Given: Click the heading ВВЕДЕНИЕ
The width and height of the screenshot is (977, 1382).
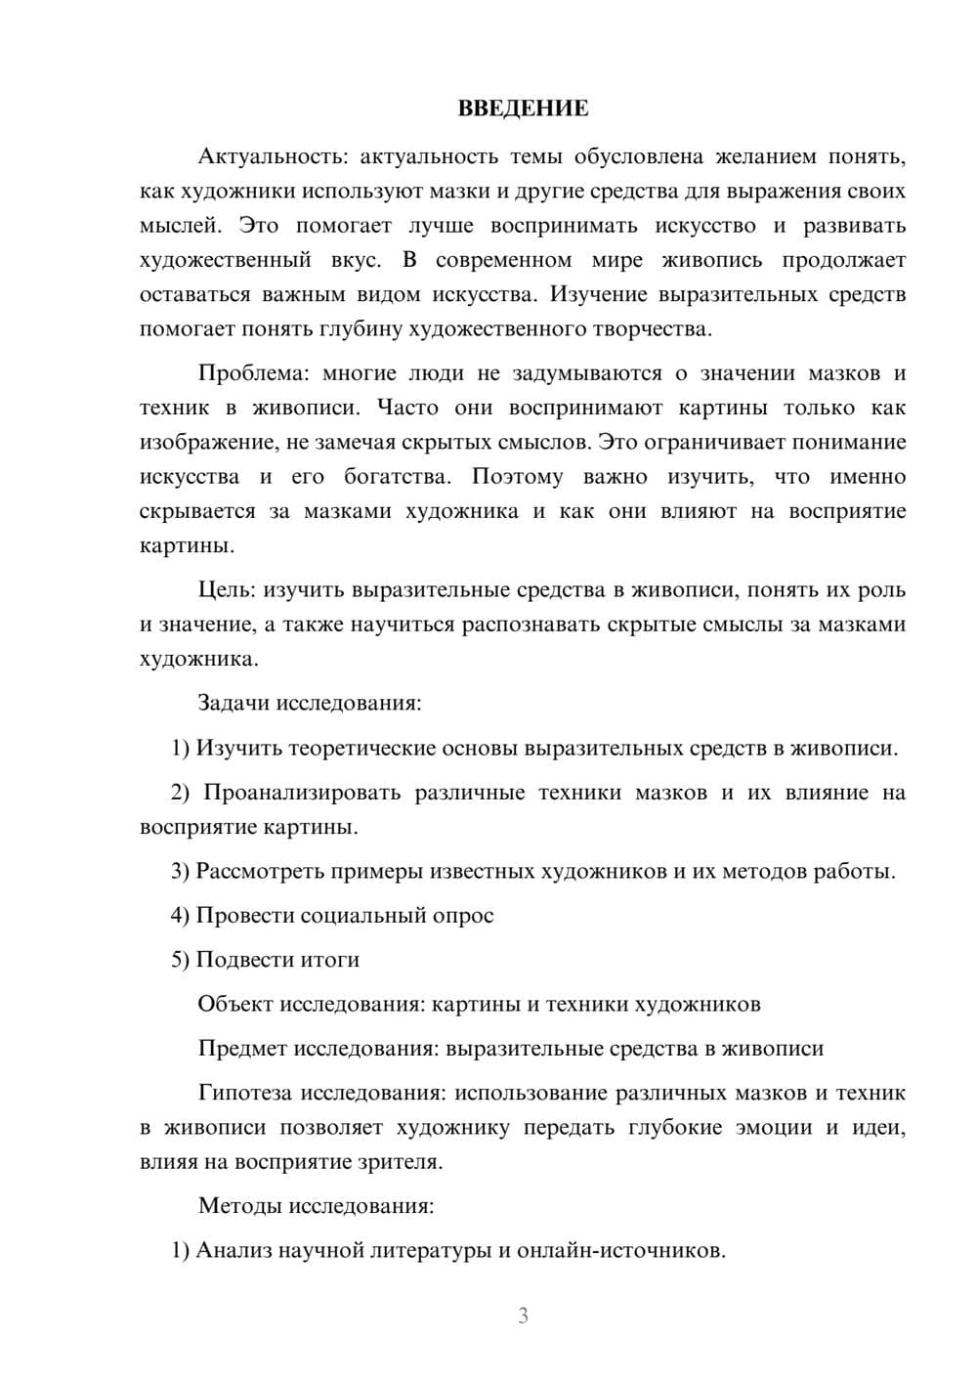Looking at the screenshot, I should tap(523, 108).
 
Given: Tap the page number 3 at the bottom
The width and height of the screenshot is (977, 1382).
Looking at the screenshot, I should tap(523, 1316).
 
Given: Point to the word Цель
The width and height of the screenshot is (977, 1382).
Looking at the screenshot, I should tap(226, 590).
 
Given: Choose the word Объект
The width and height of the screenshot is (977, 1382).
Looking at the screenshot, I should tap(235, 1004).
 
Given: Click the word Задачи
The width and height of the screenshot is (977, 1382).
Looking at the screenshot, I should tap(234, 704).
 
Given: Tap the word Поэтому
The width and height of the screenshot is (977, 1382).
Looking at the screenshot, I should tap(518, 477).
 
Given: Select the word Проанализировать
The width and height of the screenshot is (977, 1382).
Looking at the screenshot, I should tap(302, 793).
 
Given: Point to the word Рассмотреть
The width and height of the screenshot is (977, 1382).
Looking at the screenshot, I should tap(260, 871).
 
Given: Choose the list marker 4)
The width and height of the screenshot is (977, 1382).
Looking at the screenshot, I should tap(180, 916).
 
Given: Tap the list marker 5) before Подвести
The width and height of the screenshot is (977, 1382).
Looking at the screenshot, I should tap(180, 960).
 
